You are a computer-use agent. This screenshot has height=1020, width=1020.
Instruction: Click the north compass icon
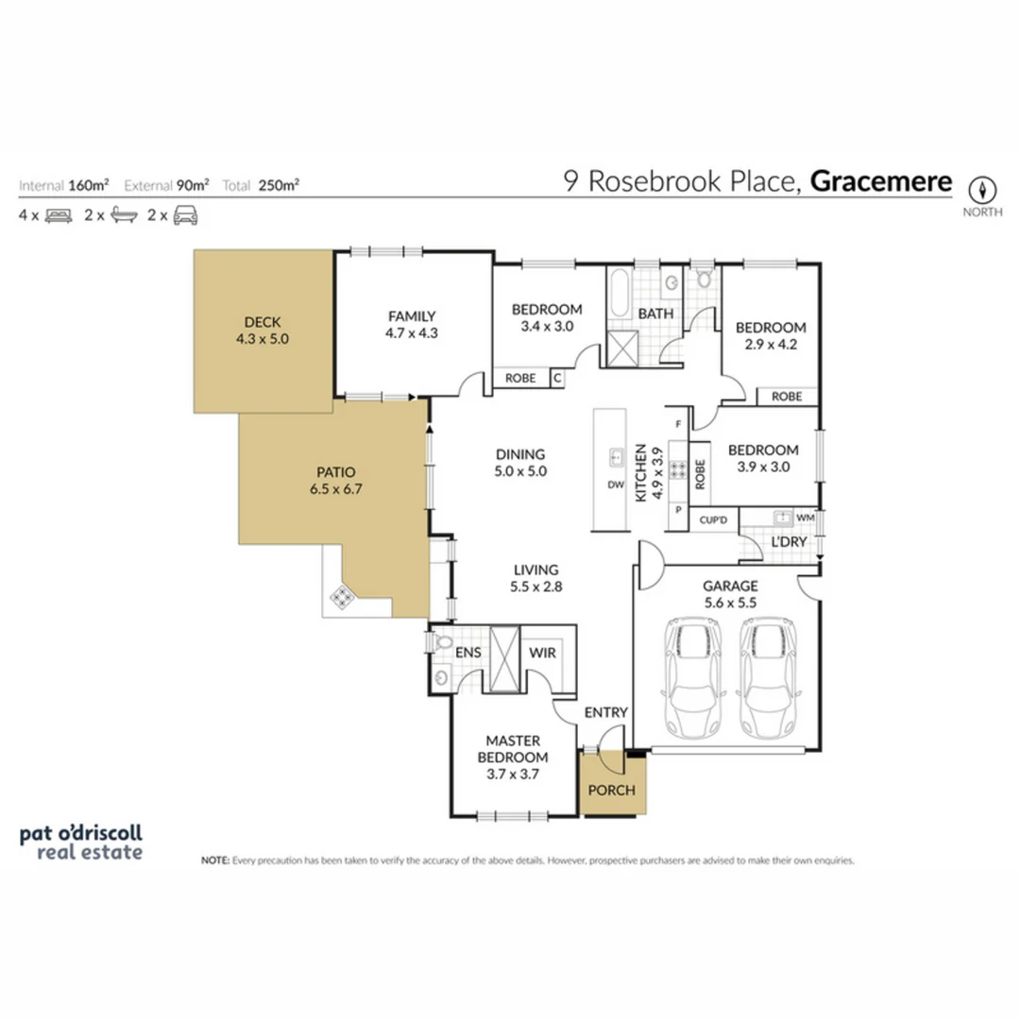pos(982,188)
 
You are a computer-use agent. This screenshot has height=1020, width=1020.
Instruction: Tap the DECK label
pos(262,320)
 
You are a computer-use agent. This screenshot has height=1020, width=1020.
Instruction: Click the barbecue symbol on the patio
pos(341,596)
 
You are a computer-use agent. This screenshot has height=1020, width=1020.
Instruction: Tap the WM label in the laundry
pos(805,518)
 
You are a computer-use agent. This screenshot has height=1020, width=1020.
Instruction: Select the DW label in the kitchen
pos(616,485)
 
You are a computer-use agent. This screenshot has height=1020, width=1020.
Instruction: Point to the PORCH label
pos(612,790)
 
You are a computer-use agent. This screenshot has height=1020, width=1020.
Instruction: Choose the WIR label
pos(542,652)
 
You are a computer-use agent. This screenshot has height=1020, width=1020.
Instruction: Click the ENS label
pos(468,652)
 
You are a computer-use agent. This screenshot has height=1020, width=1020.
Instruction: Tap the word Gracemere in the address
pos(880,181)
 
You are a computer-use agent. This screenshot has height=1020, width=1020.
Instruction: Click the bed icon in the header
pos(58,215)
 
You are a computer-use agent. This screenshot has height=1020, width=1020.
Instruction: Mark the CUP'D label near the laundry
pos(713,519)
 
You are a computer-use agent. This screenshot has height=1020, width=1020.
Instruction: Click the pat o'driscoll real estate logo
pos(81,842)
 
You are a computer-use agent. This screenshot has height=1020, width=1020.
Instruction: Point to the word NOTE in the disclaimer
pos(214,860)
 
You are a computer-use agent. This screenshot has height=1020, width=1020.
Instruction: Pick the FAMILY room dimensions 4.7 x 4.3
pos(411,332)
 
